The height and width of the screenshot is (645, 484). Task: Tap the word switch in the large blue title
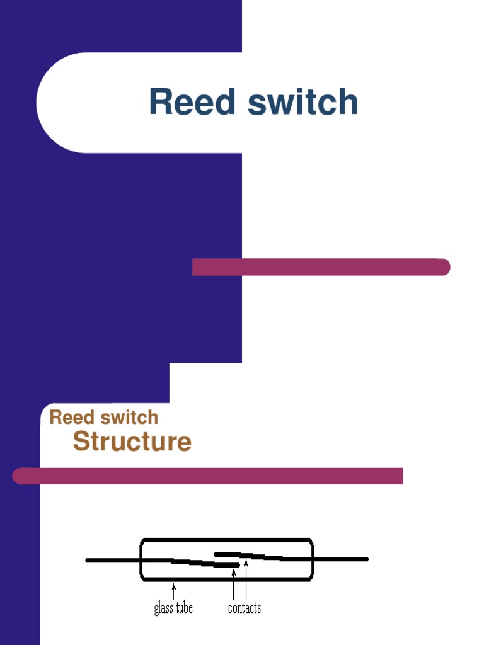pyautogui.click(x=303, y=102)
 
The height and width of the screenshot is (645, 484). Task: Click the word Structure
pyautogui.click(x=132, y=442)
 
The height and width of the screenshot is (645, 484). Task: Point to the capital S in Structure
pyautogui.click(x=81, y=442)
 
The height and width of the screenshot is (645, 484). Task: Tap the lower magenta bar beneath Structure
pyautogui.click(x=208, y=476)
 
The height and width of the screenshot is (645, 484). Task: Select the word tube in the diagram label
pyautogui.click(x=183, y=608)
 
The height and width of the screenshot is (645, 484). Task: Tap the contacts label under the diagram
pyautogui.click(x=244, y=608)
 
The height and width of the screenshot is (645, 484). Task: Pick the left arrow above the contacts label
pyautogui.click(x=234, y=583)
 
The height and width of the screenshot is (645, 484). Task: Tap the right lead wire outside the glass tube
pyautogui.click(x=340, y=559)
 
